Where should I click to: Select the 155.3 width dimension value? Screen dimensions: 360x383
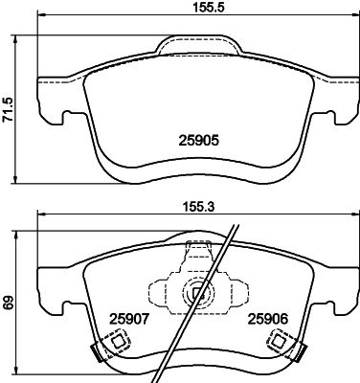pyautogui.click(x=198, y=207)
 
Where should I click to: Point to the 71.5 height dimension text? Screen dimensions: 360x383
pyautogui.click(x=8, y=109)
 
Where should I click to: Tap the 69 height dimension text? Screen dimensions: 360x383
pyautogui.click(x=8, y=303)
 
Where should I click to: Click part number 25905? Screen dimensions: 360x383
pyautogui.click(x=198, y=141)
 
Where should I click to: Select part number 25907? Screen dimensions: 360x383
pyautogui.click(x=129, y=319)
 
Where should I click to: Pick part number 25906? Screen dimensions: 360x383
pyautogui.click(x=268, y=319)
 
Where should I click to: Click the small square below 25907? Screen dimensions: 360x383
pyautogui.click(x=119, y=343)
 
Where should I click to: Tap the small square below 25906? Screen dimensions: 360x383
pyautogui.click(x=278, y=342)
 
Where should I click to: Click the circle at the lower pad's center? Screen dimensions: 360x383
pyautogui.click(x=198, y=292)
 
